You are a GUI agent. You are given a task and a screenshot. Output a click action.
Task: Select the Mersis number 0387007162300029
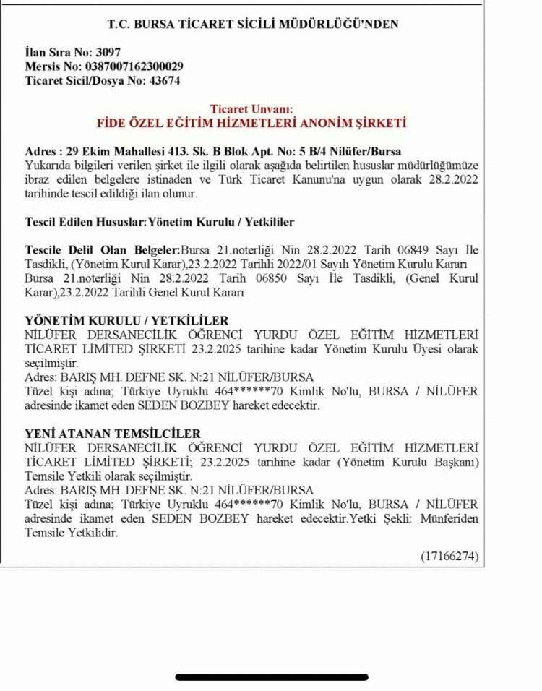(x=132, y=66)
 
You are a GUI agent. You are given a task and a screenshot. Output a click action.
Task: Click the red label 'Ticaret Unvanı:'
(x=252, y=109)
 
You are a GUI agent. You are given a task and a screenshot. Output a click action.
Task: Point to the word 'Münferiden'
(x=453, y=519)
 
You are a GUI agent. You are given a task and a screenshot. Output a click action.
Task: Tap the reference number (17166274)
(x=450, y=556)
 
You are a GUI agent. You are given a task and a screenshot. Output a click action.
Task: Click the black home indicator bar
(x=271, y=677)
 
